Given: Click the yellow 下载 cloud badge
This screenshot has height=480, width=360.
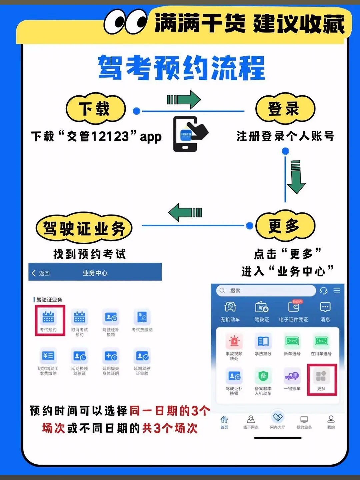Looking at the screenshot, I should [96, 109].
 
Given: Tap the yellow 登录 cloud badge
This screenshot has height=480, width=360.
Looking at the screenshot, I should [285, 109].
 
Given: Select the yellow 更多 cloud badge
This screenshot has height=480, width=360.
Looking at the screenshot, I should [285, 226].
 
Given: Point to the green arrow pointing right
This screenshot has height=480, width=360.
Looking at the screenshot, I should [184, 99].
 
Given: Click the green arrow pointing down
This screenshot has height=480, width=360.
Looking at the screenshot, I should [296, 177].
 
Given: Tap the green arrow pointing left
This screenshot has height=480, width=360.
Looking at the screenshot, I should [185, 212].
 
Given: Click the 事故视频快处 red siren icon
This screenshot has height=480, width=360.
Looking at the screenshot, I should [234, 342].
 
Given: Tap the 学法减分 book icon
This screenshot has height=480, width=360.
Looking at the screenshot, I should [263, 342].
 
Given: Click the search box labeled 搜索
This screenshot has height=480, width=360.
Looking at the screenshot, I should [266, 291].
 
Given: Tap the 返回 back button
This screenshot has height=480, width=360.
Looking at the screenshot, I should [41, 273].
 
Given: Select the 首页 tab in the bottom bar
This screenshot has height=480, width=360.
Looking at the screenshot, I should [224, 422].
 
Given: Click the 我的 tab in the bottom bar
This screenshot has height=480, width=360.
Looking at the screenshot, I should [331, 422].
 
